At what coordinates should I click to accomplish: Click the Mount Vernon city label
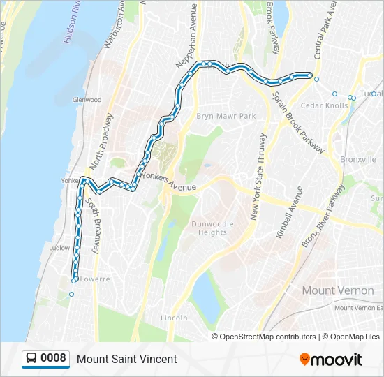click(x=338, y=289)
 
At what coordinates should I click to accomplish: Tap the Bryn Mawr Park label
click(x=226, y=116)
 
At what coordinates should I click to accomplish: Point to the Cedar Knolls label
click(x=324, y=106)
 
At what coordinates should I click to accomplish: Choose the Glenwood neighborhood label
click(x=87, y=100)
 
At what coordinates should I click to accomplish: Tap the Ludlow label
click(x=59, y=248)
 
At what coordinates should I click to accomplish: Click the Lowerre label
click(x=96, y=279)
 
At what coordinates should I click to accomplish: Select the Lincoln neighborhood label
click(x=174, y=318)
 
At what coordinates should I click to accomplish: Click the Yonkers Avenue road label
click(x=169, y=184)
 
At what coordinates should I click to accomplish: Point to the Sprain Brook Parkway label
click(x=298, y=123)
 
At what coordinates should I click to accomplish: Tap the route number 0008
click(x=54, y=359)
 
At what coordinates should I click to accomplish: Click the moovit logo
click(x=331, y=360)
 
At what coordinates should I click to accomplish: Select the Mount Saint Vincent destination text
click(x=127, y=359)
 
